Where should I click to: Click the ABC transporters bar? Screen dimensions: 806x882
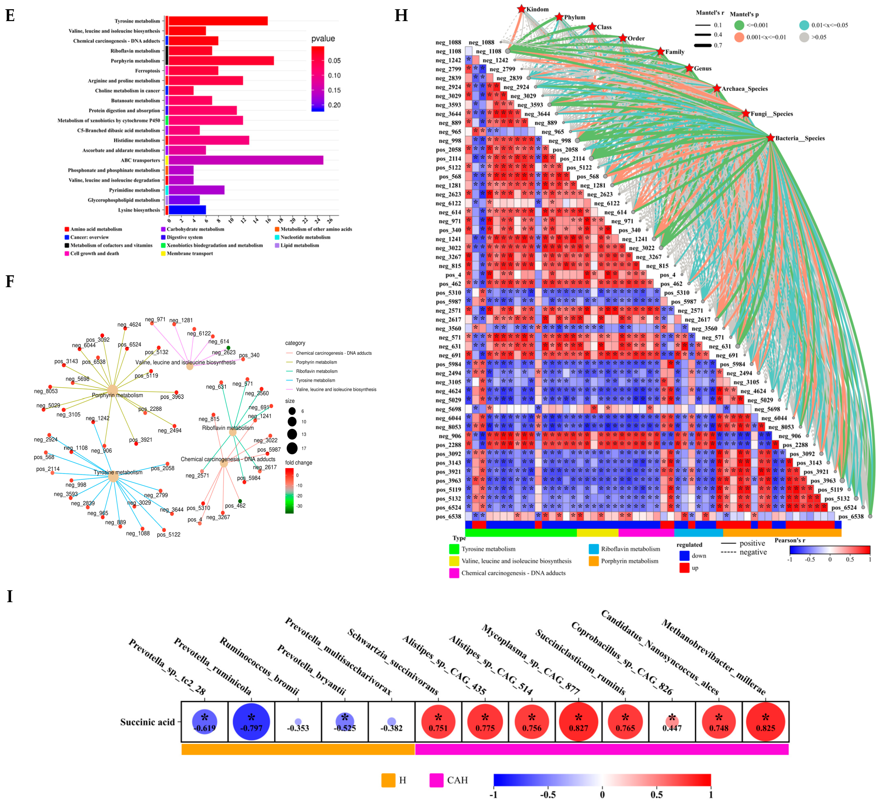click(246, 160)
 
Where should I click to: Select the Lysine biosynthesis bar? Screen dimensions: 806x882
click(187, 210)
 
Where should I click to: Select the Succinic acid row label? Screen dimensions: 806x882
click(147, 722)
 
